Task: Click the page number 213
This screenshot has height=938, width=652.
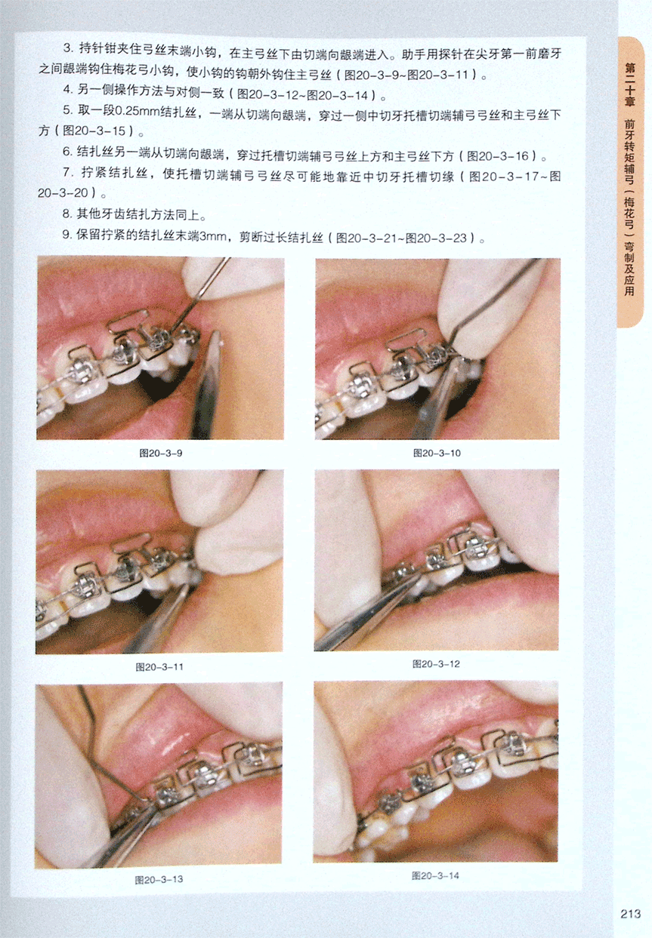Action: click(630, 913)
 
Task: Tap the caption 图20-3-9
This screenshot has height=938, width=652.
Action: click(161, 453)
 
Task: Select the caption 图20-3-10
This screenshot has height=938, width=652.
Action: click(437, 453)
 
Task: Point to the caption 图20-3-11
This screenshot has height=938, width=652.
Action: click(159, 666)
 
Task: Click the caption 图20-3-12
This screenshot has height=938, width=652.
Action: click(436, 664)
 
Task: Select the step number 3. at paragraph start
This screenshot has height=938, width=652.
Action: click(68, 48)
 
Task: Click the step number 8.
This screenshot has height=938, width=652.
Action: click(67, 214)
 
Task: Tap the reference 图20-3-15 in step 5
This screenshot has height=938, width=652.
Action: click(94, 131)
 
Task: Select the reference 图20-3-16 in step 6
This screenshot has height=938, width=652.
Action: click(498, 156)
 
